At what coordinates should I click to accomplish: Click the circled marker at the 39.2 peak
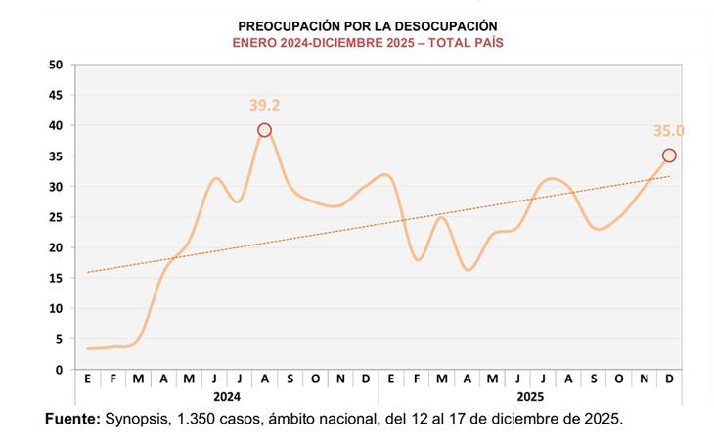(x=264, y=130)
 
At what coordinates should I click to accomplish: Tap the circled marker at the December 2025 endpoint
(x=669, y=156)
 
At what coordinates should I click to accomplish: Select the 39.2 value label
(x=264, y=105)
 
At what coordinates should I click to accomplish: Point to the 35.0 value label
(x=669, y=130)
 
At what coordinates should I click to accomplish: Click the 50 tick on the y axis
(x=56, y=65)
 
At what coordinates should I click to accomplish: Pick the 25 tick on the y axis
(x=56, y=217)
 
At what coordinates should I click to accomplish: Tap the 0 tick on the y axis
(x=60, y=370)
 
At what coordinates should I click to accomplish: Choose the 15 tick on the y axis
(x=56, y=278)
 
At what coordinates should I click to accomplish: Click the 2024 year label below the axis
(x=226, y=398)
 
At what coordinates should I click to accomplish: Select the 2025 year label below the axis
(x=530, y=398)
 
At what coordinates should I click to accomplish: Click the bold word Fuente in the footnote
(x=72, y=419)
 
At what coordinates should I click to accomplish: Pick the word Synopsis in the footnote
(x=138, y=419)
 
